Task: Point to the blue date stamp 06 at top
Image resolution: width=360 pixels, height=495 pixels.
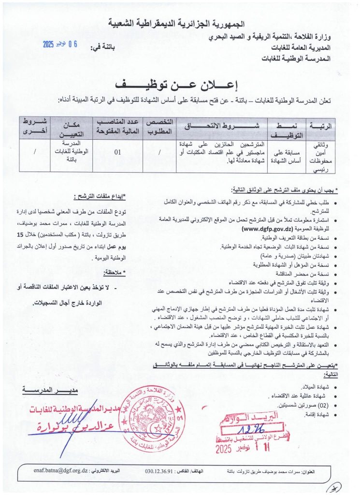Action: click(x=72, y=44)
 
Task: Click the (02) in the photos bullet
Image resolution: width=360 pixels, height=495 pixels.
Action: click(x=322, y=404)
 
